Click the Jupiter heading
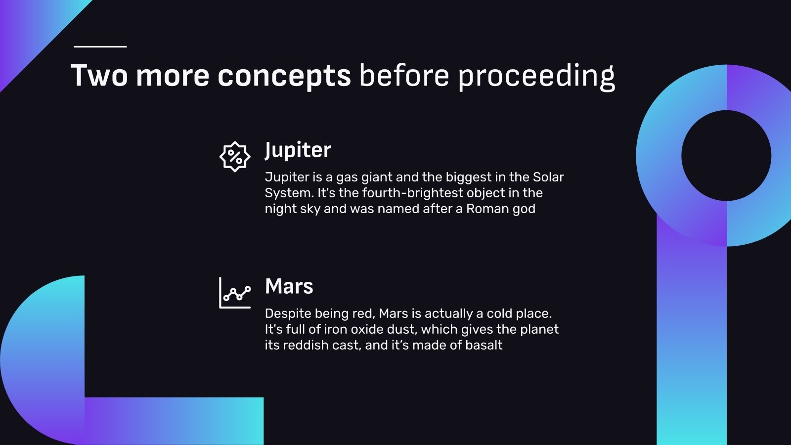coord(298,150)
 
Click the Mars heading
coord(289,286)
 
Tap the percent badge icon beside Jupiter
coord(235,157)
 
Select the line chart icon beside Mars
coord(235,293)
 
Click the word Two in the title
coord(99,76)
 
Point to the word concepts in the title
coord(284,76)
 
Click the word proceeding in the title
coord(536,76)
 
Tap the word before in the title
coord(404,76)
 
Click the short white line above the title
coord(100,46)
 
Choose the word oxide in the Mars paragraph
coord(367,329)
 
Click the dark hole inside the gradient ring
coord(726,156)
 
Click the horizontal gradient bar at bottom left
coord(173,420)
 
